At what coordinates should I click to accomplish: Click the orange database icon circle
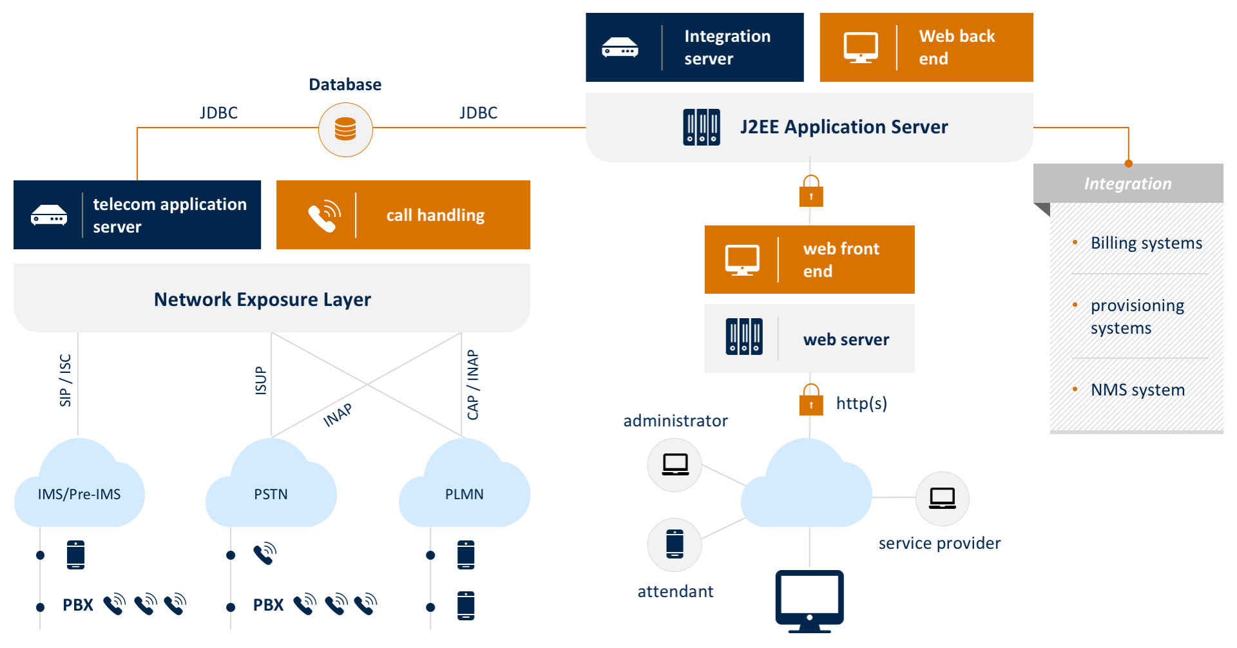[345, 129]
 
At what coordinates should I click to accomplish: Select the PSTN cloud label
[271, 494]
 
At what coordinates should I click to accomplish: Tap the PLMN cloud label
[464, 494]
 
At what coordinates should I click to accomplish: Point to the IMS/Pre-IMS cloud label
[79, 494]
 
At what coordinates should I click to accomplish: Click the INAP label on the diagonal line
[338, 415]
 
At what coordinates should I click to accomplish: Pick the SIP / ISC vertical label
[65, 380]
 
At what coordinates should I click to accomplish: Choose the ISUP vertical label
[260, 380]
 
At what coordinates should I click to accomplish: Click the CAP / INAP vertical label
[473, 385]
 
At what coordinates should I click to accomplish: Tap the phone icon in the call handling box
[324, 215]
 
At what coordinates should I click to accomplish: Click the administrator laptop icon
[675, 464]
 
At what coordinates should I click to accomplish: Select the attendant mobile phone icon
[675, 544]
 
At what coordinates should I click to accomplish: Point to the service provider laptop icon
[942, 498]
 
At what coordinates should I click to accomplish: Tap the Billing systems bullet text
[1146, 243]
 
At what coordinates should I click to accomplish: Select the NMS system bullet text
[1137, 390]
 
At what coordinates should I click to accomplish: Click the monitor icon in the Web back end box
[861, 48]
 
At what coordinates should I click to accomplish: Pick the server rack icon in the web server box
[744, 336]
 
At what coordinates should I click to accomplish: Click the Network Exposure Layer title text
[262, 300]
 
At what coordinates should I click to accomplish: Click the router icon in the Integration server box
[620, 48]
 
